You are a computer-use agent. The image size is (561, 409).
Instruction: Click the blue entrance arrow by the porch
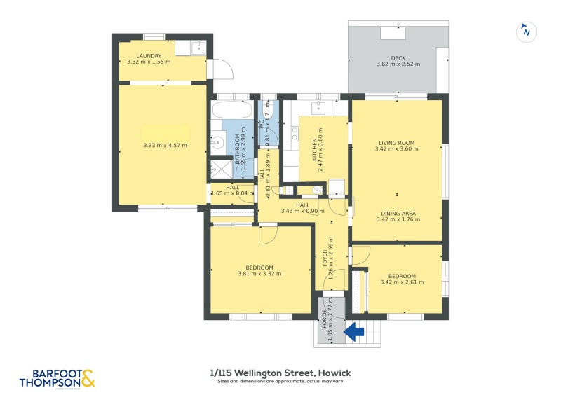coord(355,331)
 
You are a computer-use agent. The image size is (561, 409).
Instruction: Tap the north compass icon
coord(525,32)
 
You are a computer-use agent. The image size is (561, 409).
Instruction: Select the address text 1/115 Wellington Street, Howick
coord(280,373)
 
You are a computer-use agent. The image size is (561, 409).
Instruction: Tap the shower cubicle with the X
coord(221,169)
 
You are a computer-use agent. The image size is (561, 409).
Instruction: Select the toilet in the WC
coord(268,109)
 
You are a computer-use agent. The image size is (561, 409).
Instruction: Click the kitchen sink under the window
coord(319,109)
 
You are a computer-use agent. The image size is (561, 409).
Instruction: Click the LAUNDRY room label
coord(149,56)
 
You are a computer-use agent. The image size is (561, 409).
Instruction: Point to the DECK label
coord(398,58)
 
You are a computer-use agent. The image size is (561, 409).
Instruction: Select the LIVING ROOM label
coord(396,143)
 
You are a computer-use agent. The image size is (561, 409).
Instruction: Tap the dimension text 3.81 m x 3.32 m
coord(259,273)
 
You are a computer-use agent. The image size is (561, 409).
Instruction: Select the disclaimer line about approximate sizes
coord(280,382)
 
